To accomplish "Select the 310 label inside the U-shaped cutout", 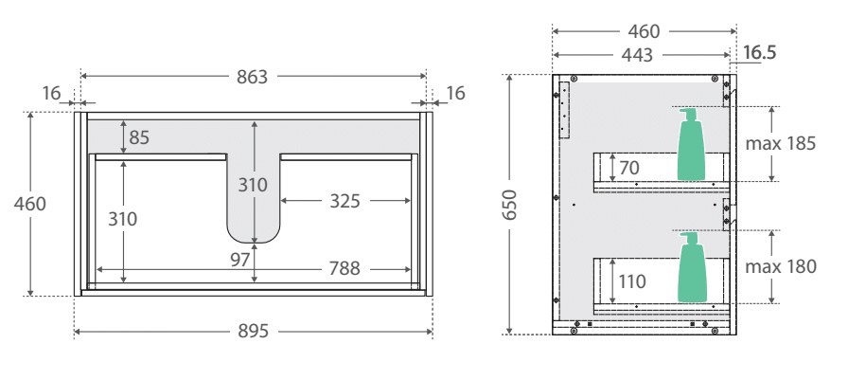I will click(254, 186).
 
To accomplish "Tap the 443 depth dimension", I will click(638, 56).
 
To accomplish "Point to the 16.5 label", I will click(759, 53).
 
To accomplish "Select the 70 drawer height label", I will click(627, 168).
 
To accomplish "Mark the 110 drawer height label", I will click(631, 281).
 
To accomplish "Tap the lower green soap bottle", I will click(690, 271).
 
